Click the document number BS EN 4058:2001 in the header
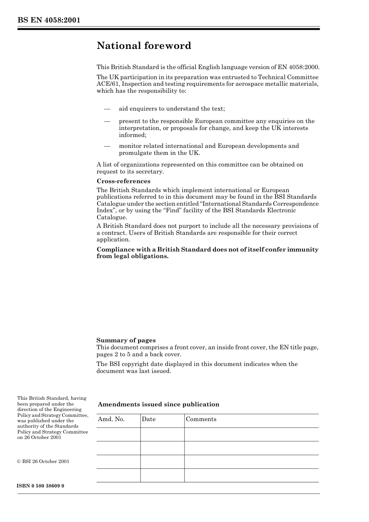49,20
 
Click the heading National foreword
144,46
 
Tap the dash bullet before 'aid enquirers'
107,109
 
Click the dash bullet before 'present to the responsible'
107,121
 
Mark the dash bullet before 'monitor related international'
107,146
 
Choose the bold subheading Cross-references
123,181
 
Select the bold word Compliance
115,250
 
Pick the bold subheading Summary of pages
126,340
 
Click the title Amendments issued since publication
158,404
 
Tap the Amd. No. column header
111,419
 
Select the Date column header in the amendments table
148,419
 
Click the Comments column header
201,419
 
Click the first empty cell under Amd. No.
118,434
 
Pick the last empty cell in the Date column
162,475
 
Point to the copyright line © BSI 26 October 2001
43,461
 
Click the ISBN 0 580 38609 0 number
40,486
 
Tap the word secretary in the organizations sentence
150,172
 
